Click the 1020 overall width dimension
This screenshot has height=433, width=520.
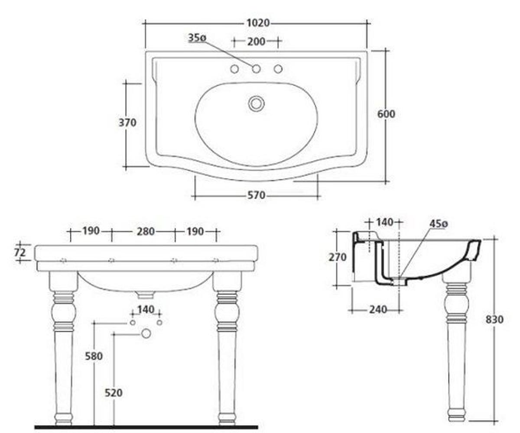pos(258,23)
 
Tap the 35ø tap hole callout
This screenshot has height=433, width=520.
pos(197,38)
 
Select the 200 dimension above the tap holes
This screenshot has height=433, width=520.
pos(256,42)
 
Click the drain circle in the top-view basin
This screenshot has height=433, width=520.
pos(256,103)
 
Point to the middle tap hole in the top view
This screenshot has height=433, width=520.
pos(256,69)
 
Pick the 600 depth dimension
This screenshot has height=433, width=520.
pos(386,114)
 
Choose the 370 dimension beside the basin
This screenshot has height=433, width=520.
pos(127,123)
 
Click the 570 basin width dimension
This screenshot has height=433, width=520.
pos(256,195)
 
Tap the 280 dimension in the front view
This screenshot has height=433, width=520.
pos(146,232)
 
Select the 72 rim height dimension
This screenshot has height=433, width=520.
pos(20,252)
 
